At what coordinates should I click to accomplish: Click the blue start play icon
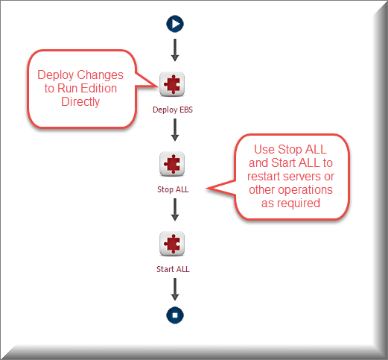tap(175, 24)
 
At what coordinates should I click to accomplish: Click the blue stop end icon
tap(175, 315)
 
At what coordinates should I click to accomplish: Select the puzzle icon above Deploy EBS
tap(172, 84)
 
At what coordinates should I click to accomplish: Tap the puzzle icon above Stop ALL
tap(172, 164)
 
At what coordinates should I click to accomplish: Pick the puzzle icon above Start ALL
tap(172, 244)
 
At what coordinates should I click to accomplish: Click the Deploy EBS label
tap(173, 110)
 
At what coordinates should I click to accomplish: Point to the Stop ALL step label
tap(173, 189)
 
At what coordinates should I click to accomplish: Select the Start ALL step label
tap(173, 269)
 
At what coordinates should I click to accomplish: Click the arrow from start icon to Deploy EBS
tap(175, 50)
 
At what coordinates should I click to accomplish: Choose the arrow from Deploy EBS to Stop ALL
tap(175, 130)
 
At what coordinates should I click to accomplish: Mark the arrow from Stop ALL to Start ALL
tap(175, 209)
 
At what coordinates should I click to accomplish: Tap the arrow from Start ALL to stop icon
tap(175, 289)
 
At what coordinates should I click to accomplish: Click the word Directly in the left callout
tap(80, 102)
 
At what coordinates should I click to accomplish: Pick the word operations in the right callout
tap(305, 190)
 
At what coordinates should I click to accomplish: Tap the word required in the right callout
tap(299, 203)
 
